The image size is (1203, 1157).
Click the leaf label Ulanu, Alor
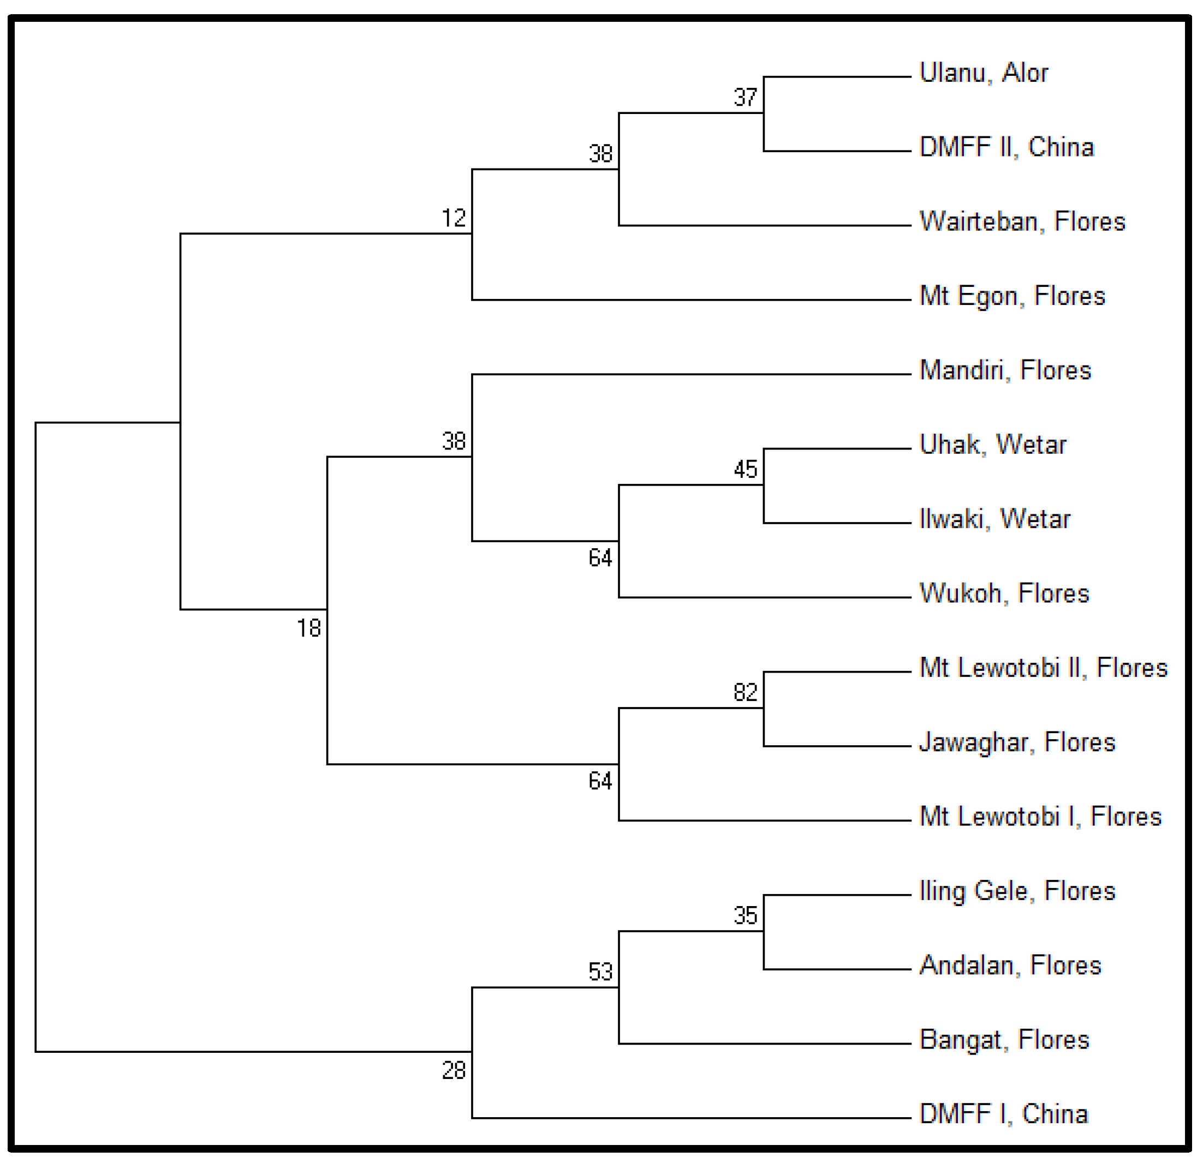983,73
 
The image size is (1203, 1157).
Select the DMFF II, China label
1007,147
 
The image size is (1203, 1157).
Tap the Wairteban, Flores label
1022,221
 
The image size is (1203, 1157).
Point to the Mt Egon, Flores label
1012,296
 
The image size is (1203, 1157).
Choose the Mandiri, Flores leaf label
1005,370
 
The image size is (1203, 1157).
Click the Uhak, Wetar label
992,445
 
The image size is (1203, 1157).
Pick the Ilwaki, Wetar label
994,519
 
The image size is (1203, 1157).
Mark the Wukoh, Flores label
1004,593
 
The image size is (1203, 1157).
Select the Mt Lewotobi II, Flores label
1043,668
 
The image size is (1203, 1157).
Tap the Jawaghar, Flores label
1016,742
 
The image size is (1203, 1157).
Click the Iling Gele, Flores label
1016,891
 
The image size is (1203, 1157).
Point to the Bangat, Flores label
1004,1040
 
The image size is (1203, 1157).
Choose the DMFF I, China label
1004,1114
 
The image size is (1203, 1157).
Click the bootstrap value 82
745,693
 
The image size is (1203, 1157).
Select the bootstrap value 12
454,218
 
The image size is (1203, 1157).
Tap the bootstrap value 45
745,470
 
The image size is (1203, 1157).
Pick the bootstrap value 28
454,1070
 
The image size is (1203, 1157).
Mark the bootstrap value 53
600,972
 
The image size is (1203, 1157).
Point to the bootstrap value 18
309,628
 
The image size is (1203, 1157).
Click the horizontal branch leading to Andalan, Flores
837,970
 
